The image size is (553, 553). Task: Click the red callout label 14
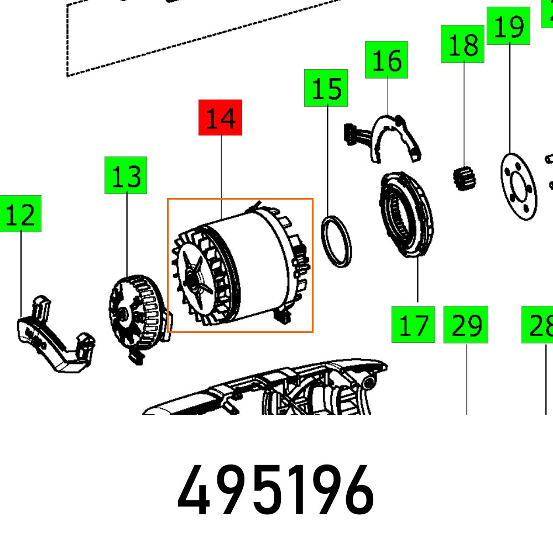pyautogui.click(x=221, y=118)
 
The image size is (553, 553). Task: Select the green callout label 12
pyautogui.click(x=20, y=213)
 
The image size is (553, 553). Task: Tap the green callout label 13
pyautogui.click(x=126, y=175)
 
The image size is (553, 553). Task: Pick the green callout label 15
pyautogui.click(x=326, y=88)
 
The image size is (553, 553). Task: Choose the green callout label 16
pyautogui.click(x=387, y=59)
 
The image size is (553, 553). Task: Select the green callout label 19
pyautogui.click(x=508, y=26)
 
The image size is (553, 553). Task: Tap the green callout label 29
pyautogui.click(x=466, y=325)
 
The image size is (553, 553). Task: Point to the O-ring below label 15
pyautogui.click(x=337, y=242)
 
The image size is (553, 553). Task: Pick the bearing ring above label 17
pyautogui.click(x=406, y=215)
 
